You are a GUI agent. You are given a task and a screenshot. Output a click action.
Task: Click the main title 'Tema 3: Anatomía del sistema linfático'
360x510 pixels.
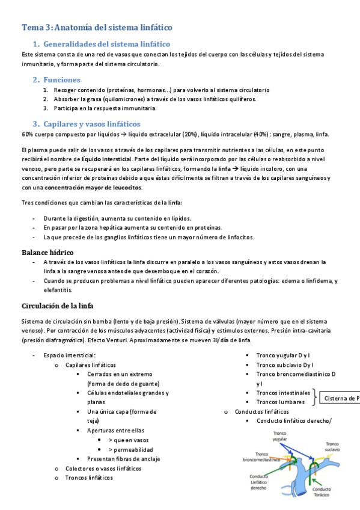tap(97, 27)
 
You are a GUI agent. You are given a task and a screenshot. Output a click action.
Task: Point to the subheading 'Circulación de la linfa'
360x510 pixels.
tap(58, 306)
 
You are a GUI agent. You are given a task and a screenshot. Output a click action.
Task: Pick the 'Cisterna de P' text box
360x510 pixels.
tap(340, 398)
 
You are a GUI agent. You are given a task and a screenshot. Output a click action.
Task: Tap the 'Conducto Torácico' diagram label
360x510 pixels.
tap(321, 492)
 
